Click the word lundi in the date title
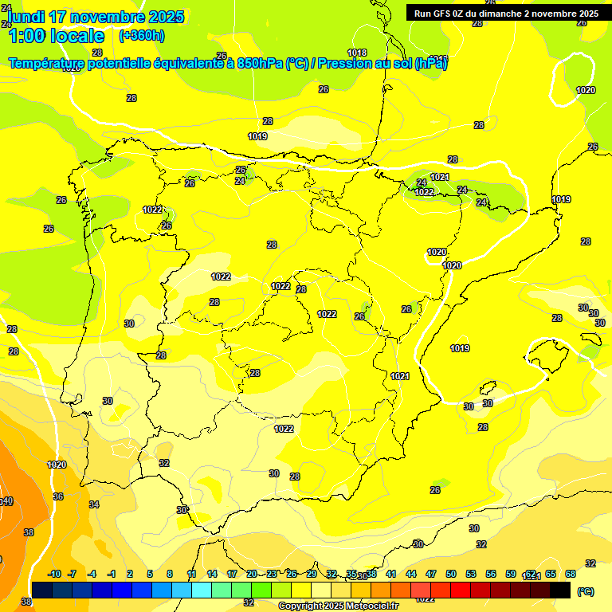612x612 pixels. pyautogui.click(x=25, y=17)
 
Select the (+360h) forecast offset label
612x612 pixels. pyautogui.click(x=141, y=35)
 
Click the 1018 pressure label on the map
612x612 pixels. pyautogui.click(x=357, y=53)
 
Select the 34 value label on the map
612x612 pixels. pyautogui.click(x=94, y=504)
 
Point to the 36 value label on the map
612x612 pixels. pyautogui.click(x=58, y=496)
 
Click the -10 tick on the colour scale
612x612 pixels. pyautogui.click(x=54, y=574)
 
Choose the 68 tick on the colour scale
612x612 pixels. pyautogui.click(x=570, y=574)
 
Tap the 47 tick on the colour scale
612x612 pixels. pyautogui.click(x=431, y=574)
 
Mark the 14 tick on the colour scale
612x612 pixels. pyautogui.click(x=212, y=574)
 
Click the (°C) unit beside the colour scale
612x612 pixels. pyautogui.click(x=586, y=591)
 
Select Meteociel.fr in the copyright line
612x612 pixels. pyautogui.click(x=371, y=606)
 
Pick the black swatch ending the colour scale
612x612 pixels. pyautogui.click(x=560, y=590)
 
